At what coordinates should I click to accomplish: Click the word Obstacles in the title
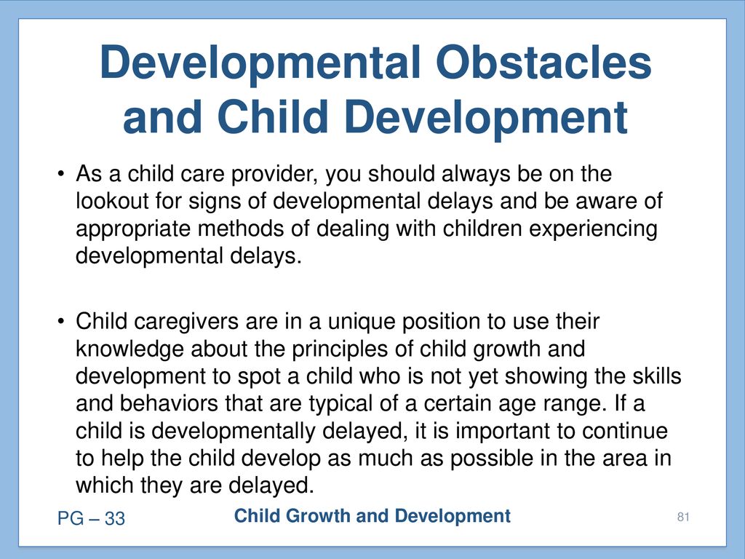click(543, 63)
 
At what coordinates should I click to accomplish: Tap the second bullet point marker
click(60, 321)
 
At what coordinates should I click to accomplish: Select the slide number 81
click(683, 517)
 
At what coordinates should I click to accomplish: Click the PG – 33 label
click(91, 518)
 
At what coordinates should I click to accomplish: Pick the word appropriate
click(134, 229)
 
